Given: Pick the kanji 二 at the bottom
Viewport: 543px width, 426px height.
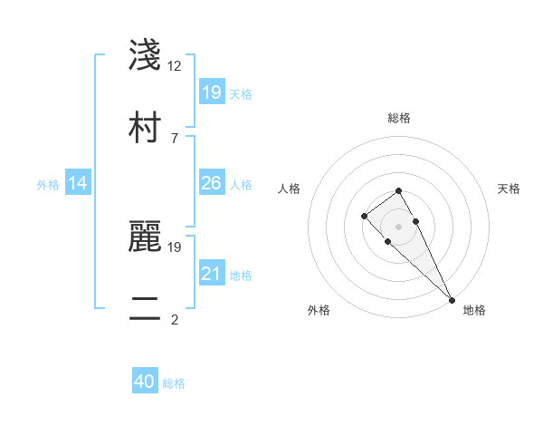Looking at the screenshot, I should (x=145, y=308).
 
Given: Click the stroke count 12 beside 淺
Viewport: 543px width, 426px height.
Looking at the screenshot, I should (x=175, y=66).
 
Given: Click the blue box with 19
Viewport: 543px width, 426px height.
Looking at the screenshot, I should (x=211, y=92).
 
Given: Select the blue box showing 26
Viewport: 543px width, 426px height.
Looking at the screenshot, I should (x=211, y=183).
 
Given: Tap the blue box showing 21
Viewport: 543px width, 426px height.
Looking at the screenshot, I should (x=211, y=274).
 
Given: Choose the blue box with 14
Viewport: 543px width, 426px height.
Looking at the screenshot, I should (x=78, y=183).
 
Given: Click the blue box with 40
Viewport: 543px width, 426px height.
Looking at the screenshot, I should (x=145, y=382).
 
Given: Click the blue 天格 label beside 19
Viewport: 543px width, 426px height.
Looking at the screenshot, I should (x=241, y=93).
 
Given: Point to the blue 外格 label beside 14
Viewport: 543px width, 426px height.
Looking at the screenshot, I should (x=48, y=185).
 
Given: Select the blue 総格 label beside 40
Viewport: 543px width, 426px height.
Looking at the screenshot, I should (x=174, y=383).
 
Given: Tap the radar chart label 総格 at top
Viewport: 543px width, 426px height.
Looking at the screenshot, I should (x=399, y=118).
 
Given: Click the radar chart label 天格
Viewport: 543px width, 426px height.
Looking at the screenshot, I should (x=510, y=189).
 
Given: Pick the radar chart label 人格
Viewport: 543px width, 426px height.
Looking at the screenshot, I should (x=289, y=189).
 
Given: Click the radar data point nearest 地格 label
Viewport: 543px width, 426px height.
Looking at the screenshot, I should (x=452, y=300).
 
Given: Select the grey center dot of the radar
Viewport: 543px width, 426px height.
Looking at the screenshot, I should (x=398, y=227).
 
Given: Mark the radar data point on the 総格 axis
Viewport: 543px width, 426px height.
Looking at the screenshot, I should (x=398, y=190).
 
